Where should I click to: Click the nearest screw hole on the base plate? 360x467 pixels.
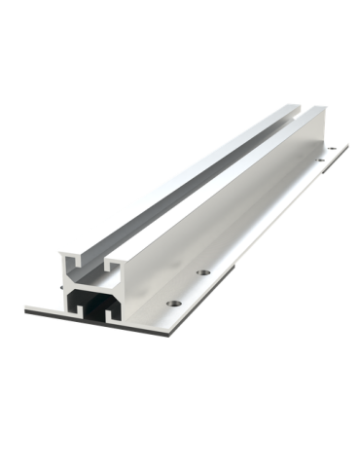[x=171, y=302]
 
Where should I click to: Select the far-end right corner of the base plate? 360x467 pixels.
[x=348, y=146]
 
